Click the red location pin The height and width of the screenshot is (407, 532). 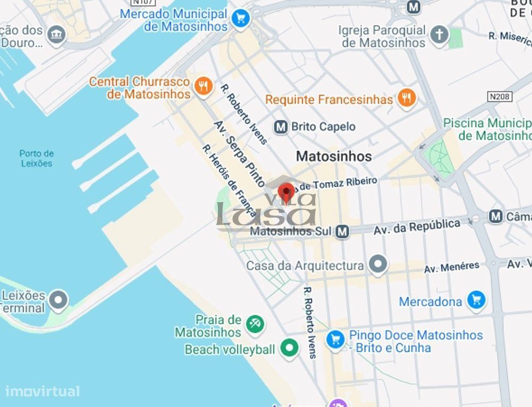286,192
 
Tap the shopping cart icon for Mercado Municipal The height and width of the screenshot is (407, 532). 241,19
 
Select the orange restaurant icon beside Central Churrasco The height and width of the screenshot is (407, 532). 203,86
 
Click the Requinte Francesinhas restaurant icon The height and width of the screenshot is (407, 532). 407,98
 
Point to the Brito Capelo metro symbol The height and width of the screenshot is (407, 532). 281,127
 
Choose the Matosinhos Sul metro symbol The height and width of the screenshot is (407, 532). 343,231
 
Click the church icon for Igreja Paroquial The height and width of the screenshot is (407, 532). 439,35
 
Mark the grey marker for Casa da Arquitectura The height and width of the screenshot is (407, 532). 378,264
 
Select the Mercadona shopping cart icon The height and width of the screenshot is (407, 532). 476,300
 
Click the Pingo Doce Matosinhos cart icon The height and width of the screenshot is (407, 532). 335,339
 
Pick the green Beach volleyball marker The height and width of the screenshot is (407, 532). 289,348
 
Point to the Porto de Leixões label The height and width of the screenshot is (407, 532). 37,158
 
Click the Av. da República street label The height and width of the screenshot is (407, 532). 417,227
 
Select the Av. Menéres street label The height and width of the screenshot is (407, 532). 451,267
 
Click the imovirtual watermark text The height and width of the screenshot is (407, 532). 43,392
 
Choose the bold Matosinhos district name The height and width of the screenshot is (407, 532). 334,156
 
